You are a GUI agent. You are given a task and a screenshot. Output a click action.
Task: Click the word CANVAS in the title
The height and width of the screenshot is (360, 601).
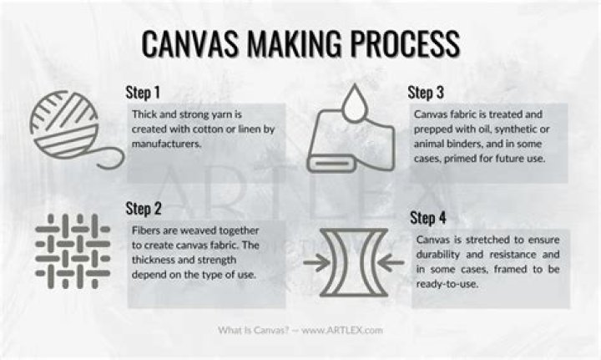190,43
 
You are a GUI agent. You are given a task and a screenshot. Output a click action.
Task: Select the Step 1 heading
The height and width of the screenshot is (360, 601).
143,93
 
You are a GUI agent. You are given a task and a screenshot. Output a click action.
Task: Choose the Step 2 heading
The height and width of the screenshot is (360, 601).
144,209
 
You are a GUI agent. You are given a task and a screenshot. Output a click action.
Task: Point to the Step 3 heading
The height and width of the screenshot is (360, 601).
426,93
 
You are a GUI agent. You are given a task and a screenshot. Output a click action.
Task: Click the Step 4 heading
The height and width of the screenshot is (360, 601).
428,218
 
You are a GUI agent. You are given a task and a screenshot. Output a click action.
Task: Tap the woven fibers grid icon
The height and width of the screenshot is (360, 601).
73,251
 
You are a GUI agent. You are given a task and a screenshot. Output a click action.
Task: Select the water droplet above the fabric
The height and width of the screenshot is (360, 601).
355,103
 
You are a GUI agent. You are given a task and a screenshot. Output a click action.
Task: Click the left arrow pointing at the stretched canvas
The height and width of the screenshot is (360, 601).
316,262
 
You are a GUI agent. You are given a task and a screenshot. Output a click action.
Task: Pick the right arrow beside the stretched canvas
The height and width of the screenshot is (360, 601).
391,262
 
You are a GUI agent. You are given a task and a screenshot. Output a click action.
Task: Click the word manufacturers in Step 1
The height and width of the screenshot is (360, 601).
166,144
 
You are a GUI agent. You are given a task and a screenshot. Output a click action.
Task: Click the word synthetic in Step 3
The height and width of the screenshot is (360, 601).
515,129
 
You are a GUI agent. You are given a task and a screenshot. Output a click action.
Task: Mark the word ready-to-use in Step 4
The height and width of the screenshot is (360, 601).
447,285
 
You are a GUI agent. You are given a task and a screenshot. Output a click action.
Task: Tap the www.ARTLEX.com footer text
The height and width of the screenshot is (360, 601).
342,330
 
